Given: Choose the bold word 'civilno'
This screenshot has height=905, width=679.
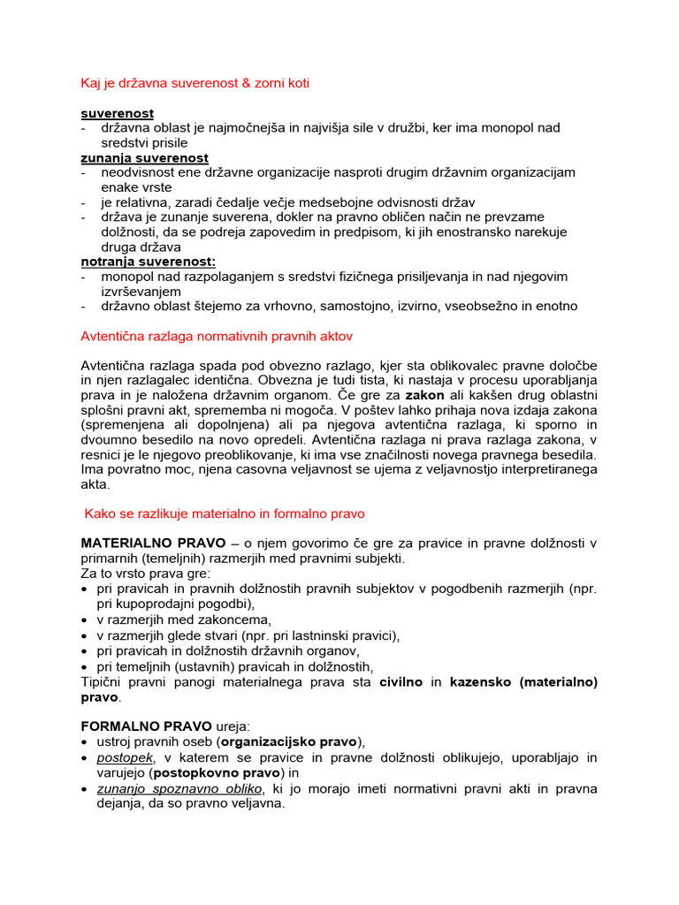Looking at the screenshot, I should click(402, 682).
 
